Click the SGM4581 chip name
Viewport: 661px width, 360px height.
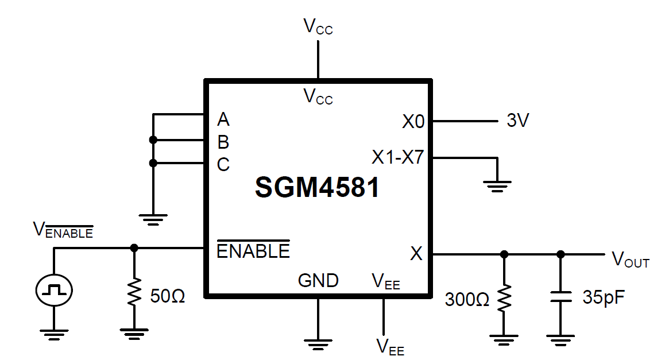point(317,187)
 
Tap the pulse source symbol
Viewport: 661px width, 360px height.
point(53,292)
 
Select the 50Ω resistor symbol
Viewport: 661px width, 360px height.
point(134,293)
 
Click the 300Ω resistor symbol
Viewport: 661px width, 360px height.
point(504,297)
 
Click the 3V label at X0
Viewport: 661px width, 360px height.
point(518,121)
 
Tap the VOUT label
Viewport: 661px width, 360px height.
point(630,260)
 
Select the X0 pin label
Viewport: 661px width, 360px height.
point(413,122)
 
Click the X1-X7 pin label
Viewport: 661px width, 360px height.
point(398,157)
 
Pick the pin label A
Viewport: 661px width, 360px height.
point(223,119)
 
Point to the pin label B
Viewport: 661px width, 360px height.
point(223,141)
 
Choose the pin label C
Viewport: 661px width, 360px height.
point(223,165)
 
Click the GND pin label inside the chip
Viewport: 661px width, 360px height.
point(318,281)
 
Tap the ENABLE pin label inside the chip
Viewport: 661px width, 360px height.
point(253,250)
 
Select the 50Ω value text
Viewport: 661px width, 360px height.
point(168,296)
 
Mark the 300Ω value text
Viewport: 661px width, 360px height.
point(466,299)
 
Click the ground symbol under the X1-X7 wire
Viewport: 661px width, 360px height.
point(497,184)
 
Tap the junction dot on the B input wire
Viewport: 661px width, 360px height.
point(153,140)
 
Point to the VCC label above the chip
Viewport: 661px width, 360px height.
point(318,27)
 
